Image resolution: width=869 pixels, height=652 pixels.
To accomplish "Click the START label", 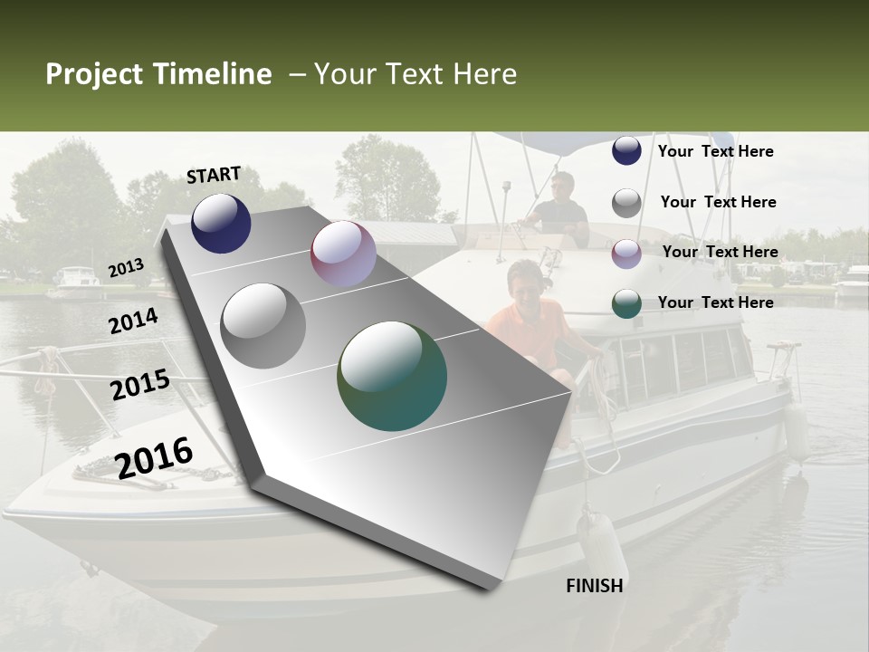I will point(214,175).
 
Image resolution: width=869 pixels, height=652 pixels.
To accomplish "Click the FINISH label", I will point(594,586).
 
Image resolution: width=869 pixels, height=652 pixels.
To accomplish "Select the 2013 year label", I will point(127,267).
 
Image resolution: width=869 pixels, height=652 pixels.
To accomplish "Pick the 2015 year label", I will point(140,385).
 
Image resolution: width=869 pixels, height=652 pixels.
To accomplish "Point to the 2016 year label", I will point(154,457).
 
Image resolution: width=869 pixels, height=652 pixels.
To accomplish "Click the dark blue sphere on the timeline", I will point(221,223).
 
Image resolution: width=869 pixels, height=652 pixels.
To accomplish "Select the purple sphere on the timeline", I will point(343,254).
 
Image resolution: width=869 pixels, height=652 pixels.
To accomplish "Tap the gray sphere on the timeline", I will point(263,326).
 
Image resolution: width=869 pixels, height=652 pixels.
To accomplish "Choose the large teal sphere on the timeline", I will point(392,376).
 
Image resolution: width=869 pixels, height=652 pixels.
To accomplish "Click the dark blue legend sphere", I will point(626,151).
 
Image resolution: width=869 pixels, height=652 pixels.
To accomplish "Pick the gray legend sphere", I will point(626,203).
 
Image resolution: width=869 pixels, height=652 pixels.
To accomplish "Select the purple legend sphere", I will point(626,253).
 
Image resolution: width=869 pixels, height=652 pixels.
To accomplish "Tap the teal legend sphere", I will point(626,303).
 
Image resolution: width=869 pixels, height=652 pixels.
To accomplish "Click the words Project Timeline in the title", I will point(158,74).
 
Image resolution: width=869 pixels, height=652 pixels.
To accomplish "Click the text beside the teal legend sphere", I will point(715,302).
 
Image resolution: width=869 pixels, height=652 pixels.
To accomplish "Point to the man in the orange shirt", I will point(526,317).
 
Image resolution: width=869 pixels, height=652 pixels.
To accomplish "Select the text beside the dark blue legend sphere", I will point(715,151).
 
